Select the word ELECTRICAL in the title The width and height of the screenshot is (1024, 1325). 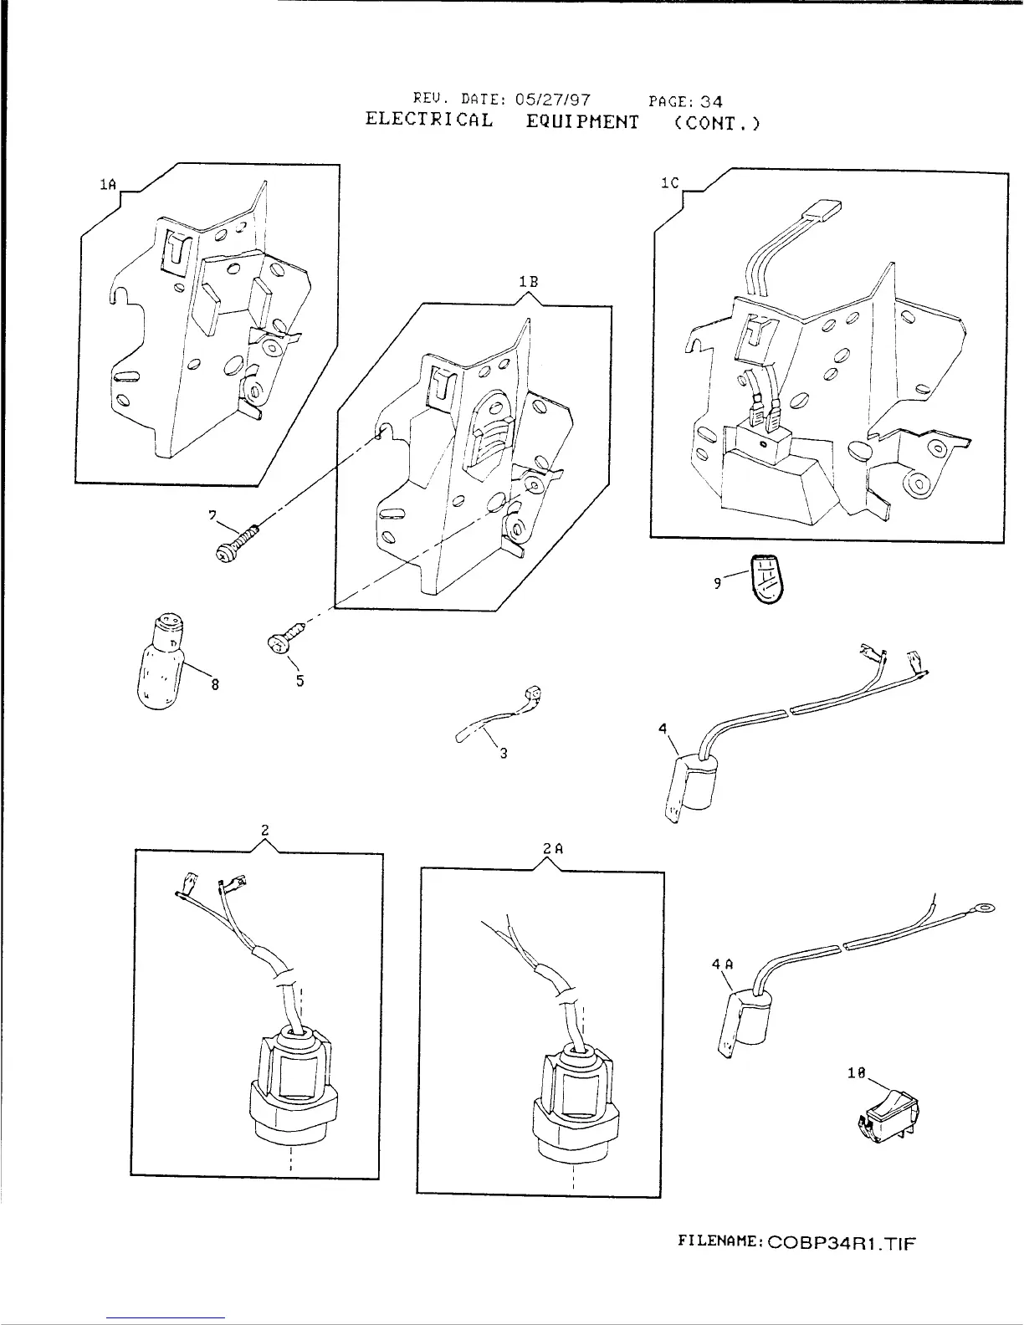coord(429,120)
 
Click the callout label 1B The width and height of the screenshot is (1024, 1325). coord(527,283)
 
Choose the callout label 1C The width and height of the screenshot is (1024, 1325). coord(668,183)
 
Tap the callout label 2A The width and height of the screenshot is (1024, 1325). coord(553,848)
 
